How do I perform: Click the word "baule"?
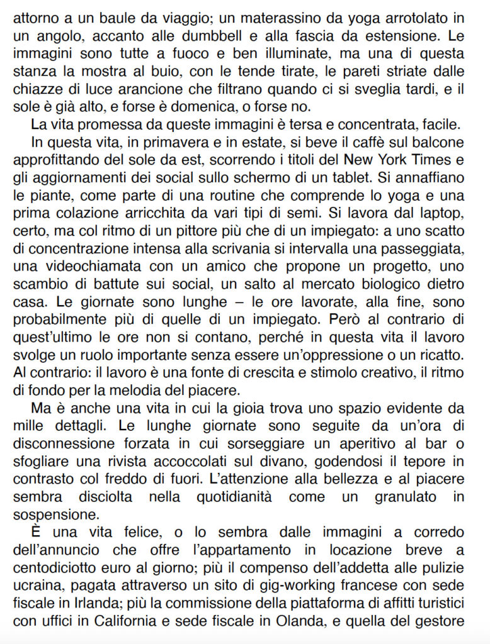coord(98,13)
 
